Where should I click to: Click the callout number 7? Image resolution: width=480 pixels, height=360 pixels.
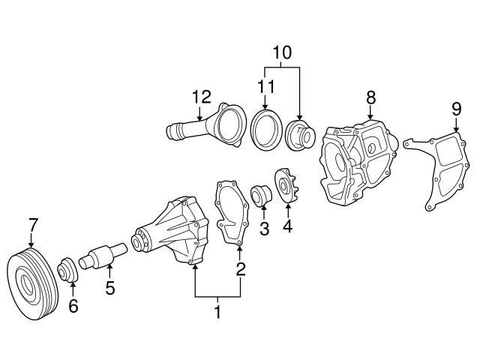[x=31, y=223]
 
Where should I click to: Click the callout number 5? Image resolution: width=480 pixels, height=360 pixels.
[x=109, y=287]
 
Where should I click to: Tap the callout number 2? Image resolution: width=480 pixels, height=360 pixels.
[x=241, y=268]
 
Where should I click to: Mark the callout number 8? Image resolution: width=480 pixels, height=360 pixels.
[x=370, y=97]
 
